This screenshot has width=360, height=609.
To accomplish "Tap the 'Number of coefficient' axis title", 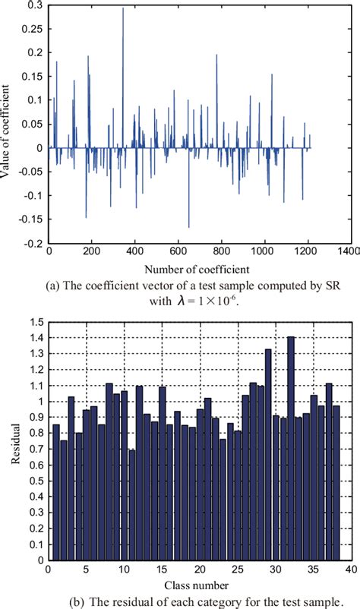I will tap(196, 269).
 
